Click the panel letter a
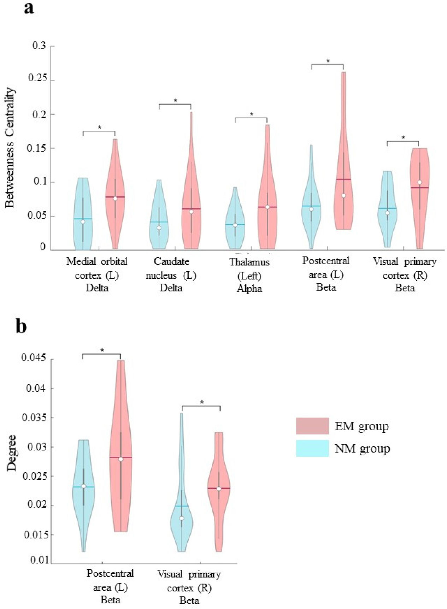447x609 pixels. click(x=29, y=8)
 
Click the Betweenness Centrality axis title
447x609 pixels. click(x=10, y=148)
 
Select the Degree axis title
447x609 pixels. click(x=12, y=453)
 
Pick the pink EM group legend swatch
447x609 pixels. click(x=312, y=426)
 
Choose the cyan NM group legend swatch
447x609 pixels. click(x=312, y=448)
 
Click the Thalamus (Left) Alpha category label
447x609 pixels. click(x=249, y=275)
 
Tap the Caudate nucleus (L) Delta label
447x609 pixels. click(x=171, y=274)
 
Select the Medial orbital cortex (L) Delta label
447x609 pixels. click(x=97, y=274)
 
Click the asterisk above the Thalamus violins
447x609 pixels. click(x=252, y=114)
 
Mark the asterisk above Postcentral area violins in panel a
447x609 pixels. click(x=328, y=61)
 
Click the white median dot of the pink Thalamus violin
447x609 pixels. click(x=267, y=207)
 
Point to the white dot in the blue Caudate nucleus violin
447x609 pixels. click(x=159, y=228)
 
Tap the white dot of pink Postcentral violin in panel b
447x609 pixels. click(x=120, y=459)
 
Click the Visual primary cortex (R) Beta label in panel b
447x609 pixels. click(x=189, y=587)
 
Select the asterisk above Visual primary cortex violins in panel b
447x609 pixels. click(x=202, y=402)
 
